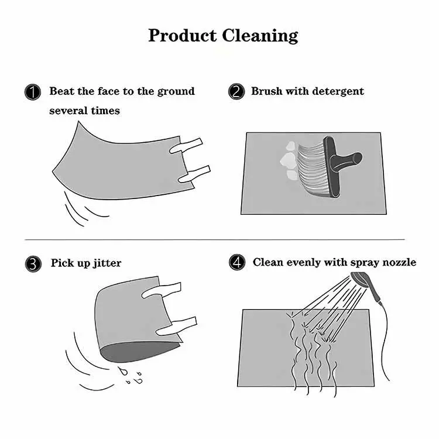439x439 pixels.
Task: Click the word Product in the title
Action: click(x=183, y=36)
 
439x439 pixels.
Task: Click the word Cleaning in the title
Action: click(x=260, y=36)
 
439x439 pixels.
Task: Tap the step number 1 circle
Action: click(x=33, y=92)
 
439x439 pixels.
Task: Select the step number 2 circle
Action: click(x=236, y=91)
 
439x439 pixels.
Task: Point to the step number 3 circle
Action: click(x=33, y=264)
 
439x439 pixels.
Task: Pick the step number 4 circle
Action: click(x=237, y=262)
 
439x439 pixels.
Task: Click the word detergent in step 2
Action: click(x=338, y=91)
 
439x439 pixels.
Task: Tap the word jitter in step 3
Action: click(x=107, y=263)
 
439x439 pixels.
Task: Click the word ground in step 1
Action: click(x=176, y=92)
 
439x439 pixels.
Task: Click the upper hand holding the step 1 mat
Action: click(x=186, y=146)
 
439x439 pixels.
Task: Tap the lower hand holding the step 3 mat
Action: click(x=176, y=327)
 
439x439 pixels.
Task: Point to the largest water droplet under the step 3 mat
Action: click(x=123, y=371)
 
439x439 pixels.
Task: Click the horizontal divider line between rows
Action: click(x=214, y=239)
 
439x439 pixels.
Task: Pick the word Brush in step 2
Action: click(x=267, y=91)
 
